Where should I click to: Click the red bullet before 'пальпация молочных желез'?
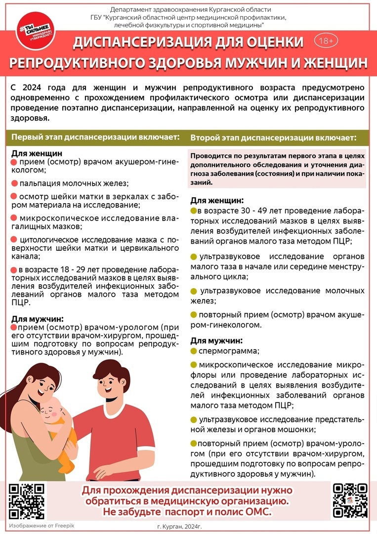pyautogui.click(x=14, y=183)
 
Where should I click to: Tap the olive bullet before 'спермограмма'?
pyautogui.click(x=194, y=351)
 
